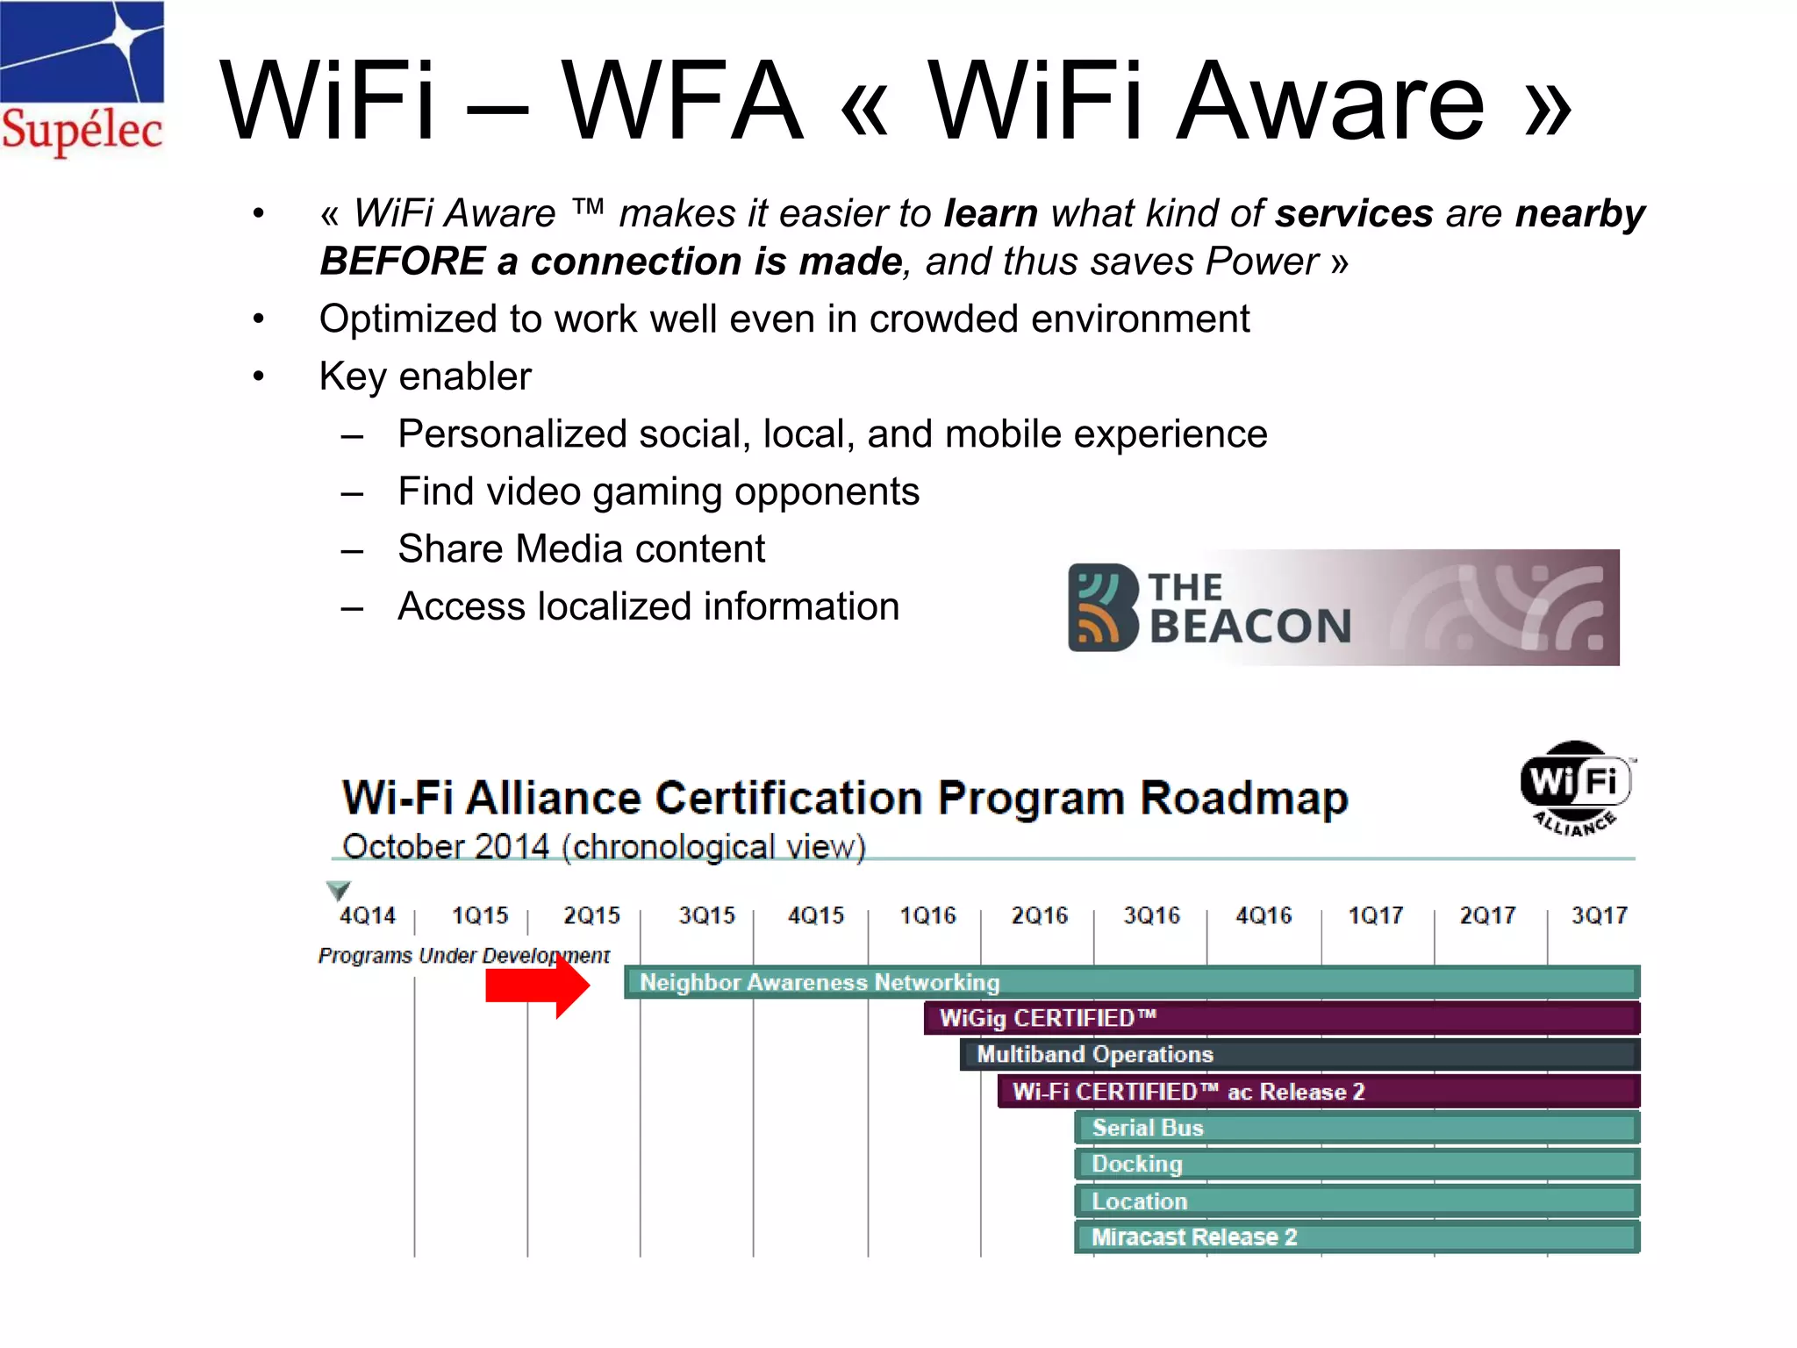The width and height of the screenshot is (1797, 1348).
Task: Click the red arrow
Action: click(538, 985)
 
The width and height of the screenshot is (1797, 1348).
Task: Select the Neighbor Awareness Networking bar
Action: click(1132, 982)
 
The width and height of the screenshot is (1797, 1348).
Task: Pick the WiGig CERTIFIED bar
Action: click(1281, 1018)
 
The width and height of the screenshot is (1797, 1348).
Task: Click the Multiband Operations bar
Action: click(1299, 1054)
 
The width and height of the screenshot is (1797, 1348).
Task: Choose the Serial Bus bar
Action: click(1357, 1128)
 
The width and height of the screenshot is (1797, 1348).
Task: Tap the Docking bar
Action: click(1357, 1165)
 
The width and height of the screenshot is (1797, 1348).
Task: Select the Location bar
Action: click(1357, 1201)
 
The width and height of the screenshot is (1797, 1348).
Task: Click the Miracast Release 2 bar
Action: click(1357, 1237)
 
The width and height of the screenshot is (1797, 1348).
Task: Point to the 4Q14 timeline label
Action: click(368, 916)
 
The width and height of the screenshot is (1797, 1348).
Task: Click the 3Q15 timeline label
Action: click(706, 916)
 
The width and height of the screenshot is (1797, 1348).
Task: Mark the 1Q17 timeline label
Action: click(1375, 916)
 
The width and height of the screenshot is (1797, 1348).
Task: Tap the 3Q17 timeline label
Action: click(1599, 916)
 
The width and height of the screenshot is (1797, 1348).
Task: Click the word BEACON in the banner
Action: click(1249, 627)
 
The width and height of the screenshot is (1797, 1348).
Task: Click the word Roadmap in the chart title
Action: click(1243, 799)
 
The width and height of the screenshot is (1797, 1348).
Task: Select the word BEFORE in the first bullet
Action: click(403, 262)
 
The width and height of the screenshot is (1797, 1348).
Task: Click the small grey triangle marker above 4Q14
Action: click(339, 890)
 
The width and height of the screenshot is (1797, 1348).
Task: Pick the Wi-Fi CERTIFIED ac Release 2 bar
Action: click(1318, 1092)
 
